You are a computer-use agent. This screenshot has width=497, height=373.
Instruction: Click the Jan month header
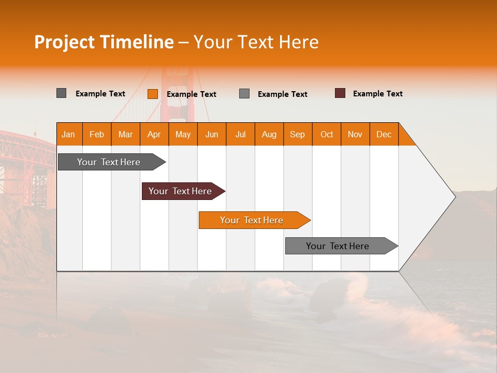(69, 134)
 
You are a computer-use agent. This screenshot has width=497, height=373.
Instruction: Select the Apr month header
(154, 134)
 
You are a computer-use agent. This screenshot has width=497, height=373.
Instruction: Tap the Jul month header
(240, 134)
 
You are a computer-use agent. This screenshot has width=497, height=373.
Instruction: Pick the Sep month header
(298, 134)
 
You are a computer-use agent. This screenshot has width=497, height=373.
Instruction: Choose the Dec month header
(384, 134)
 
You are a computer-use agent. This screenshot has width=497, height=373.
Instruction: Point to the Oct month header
(327, 134)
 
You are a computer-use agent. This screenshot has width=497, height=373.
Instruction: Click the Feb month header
(97, 134)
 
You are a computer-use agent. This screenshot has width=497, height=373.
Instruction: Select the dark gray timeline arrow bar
(109, 162)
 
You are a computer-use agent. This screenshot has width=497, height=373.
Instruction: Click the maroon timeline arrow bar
(180, 191)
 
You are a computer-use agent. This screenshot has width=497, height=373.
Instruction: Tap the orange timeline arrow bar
(252, 220)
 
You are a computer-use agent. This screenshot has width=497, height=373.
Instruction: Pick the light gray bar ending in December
(338, 246)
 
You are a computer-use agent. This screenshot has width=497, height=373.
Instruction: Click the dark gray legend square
(61, 93)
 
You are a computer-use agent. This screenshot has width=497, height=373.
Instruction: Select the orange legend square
(152, 94)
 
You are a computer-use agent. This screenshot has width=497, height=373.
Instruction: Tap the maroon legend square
(340, 93)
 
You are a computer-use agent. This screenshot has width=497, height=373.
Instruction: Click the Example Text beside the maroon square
(377, 94)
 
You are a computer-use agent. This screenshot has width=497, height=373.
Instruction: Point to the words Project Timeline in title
(104, 42)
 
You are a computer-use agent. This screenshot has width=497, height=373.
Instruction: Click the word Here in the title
(299, 42)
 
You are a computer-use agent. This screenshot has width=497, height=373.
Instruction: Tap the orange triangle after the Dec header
(405, 138)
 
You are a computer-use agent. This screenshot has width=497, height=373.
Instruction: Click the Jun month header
(212, 134)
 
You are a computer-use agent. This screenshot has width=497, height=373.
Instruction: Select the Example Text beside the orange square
(191, 94)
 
